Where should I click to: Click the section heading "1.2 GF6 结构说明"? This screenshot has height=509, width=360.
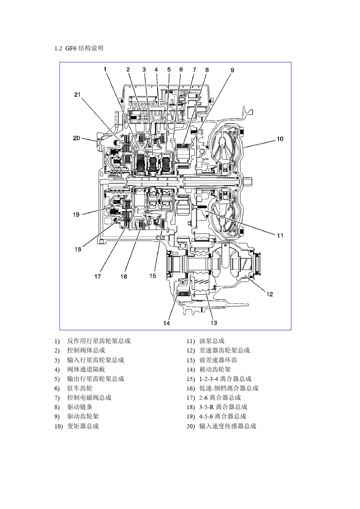tap(79, 48)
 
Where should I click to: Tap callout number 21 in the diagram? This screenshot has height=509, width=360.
tap(77, 95)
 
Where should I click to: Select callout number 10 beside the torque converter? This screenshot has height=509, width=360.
tap(280, 139)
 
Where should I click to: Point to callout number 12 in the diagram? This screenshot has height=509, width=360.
tap(269, 294)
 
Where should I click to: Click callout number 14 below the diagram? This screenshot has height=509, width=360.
tap(167, 323)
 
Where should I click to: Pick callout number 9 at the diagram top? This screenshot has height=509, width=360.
tap(232, 70)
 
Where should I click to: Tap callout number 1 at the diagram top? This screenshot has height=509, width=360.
tap(105, 69)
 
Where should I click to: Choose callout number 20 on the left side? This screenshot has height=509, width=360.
tap(77, 138)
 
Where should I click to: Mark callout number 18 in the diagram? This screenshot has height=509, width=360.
tap(78, 249)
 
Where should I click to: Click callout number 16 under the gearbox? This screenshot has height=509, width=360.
tap(124, 276)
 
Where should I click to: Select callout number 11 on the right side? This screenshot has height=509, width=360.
tap(280, 236)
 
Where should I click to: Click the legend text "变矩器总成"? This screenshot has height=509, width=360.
tap(83, 426)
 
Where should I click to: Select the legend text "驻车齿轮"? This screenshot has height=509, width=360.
tap(80, 388)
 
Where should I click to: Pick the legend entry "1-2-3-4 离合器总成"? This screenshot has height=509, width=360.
tap(225, 379)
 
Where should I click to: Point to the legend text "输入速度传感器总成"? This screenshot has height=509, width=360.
tap(228, 426)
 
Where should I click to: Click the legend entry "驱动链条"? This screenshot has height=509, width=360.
tap(80, 407)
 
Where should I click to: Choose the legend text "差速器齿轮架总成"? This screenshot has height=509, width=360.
tap(225, 351)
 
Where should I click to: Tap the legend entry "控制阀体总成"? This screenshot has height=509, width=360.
tap(86, 351)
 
